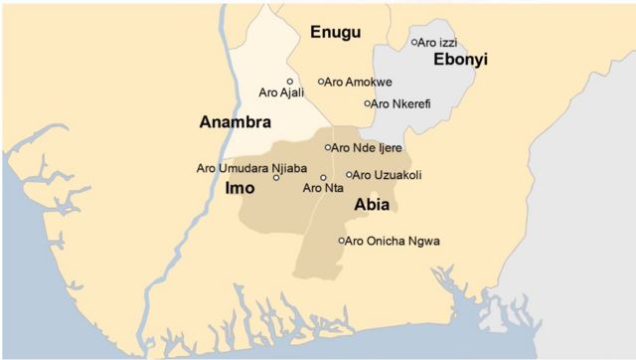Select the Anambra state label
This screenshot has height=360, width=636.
[236, 122]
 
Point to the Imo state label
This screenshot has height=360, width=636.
[239, 187]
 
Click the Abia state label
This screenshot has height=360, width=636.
[371, 205]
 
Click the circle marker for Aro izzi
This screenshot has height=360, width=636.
[414, 42]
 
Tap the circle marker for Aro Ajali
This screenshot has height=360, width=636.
[290, 82]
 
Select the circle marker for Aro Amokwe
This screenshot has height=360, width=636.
[321, 82]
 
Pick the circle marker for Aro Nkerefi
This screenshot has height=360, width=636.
[367, 103]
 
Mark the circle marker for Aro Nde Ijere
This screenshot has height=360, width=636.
[328, 147]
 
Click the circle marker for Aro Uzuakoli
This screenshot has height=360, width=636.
[349, 175]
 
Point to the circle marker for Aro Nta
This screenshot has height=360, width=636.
[323, 177]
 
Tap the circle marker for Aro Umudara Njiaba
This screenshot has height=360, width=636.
[276, 177]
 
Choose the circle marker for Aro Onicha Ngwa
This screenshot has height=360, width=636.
[342, 241]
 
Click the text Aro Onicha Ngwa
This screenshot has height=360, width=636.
[394, 241]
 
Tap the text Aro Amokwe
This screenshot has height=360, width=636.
[359, 82]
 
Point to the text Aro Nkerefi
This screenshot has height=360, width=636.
[401, 103]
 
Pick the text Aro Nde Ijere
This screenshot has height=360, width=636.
[368, 147]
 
